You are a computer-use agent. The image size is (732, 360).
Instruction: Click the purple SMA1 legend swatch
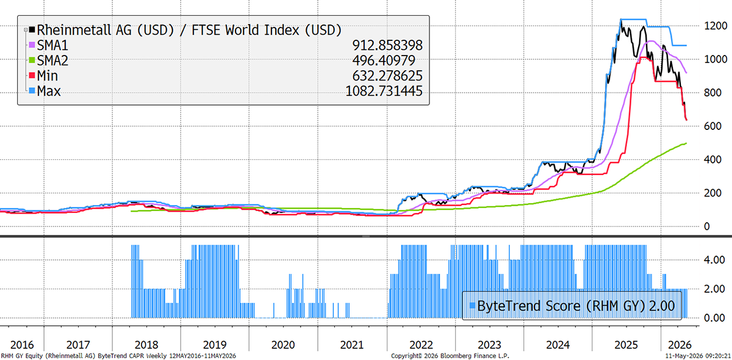point(32,45)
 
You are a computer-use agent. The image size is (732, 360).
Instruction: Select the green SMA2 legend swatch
point(32,60)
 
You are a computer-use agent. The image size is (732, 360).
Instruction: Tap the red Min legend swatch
point(32,76)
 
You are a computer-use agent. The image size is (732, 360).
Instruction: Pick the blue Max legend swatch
point(32,90)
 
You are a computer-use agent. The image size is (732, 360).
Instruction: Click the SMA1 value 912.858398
point(387,45)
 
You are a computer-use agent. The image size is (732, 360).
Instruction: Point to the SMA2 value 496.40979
point(384,60)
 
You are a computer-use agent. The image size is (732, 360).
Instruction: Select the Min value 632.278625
point(387,76)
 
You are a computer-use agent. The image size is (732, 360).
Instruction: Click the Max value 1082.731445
point(384,91)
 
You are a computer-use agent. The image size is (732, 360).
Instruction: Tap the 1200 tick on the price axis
point(716,26)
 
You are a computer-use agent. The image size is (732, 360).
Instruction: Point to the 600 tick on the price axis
point(712,126)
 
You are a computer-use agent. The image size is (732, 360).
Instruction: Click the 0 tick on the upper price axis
point(707,226)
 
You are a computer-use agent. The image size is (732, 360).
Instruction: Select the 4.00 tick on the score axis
point(714,260)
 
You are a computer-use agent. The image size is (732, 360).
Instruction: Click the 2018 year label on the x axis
point(146,345)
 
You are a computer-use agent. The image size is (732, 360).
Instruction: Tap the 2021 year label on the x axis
point(351,345)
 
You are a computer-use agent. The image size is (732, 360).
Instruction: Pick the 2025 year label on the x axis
point(626,345)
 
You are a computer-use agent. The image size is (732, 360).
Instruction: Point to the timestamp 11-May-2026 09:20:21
point(698,356)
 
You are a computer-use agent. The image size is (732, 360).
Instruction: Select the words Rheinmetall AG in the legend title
point(84,30)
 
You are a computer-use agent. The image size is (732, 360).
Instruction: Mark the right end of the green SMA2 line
point(686,143)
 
